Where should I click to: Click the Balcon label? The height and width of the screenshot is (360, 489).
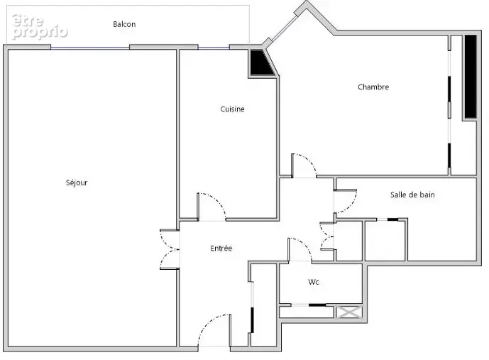click(124, 24)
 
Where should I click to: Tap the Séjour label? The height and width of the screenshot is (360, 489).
click(77, 182)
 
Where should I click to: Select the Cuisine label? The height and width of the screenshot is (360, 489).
click(232, 109)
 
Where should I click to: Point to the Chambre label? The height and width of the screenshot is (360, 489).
click(373, 87)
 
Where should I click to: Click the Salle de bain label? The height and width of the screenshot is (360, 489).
click(412, 195)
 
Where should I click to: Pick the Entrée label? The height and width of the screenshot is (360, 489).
click(221, 248)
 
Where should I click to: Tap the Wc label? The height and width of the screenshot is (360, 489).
click(314, 282)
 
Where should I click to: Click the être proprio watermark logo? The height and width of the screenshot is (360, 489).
click(40, 26)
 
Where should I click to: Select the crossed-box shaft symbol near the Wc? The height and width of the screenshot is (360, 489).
click(350, 312)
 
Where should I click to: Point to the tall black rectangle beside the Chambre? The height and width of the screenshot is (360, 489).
click(471, 77)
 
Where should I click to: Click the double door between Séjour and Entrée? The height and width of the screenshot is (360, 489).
click(169, 249)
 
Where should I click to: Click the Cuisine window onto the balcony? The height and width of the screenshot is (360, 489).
click(214, 48)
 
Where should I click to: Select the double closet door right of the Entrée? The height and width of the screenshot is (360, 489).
click(327, 237)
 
